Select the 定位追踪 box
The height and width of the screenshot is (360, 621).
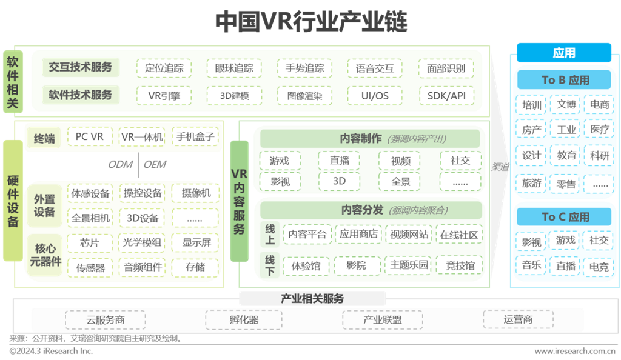[164, 68]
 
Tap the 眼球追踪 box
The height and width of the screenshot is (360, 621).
[234, 68]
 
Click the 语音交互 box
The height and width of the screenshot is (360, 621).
[375, 68]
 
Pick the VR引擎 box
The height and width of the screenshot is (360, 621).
[164, 95]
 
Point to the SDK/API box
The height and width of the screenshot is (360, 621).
[446, 95]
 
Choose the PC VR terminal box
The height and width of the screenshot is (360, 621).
[90, 137]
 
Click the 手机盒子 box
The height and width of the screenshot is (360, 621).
[195, 137]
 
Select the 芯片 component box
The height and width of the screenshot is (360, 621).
[90, 243]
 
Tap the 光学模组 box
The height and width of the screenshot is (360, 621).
[143, 243]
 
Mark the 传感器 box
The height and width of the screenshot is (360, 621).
[90, 267]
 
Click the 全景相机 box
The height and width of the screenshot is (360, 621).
[90, 218]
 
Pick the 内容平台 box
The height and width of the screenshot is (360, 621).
[307, 234]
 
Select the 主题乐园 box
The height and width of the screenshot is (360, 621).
[409, 265]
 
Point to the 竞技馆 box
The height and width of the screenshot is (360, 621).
[460, 265]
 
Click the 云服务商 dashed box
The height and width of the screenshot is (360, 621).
[98, 319]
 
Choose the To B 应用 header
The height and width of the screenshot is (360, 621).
[565, 80]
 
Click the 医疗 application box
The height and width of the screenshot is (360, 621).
[599, 130]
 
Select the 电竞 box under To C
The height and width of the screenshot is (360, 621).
[599, 266]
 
